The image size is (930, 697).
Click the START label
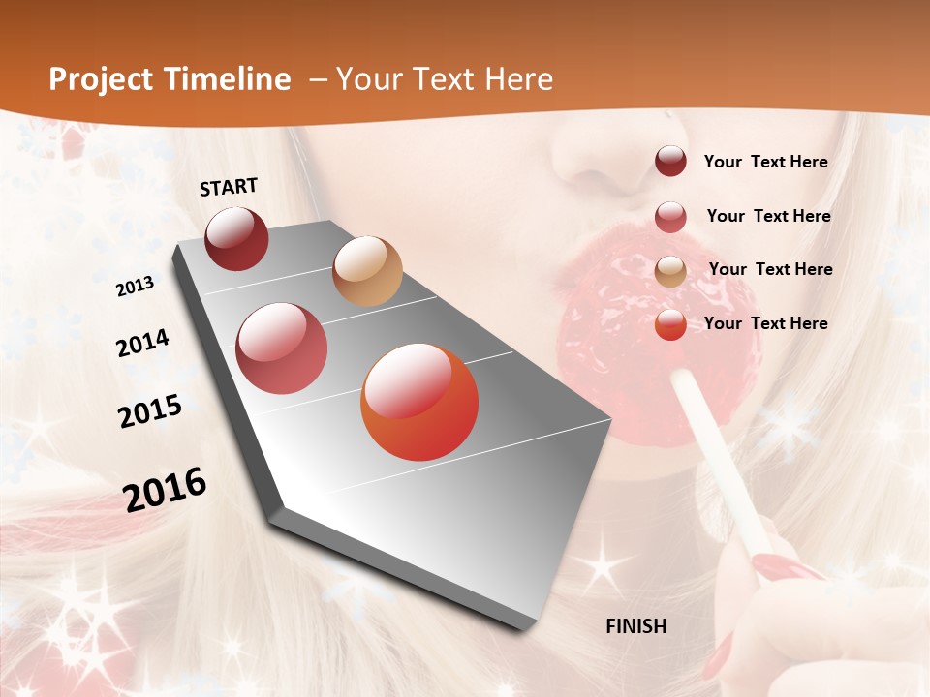click(x=229, y=187)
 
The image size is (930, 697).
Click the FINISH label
click(x=636, y=626)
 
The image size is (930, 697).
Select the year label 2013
click(x=135, y=286)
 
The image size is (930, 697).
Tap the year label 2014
click(x=142, y=343)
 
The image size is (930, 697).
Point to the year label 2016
click(x=165, y=490)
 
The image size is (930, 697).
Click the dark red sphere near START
click(x=236, y=238)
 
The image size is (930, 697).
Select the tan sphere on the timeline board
click(x=367, y=271)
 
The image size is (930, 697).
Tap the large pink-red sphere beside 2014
click(x=281, y=348)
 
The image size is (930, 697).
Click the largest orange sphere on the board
click(x=419, y=402)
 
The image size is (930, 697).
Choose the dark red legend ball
click(x=670, y=162)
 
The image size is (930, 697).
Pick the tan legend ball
click(x=670, y=271)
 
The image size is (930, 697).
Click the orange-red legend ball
click(x=670, y=324)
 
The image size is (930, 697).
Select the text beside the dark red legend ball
click(x=765, y=162)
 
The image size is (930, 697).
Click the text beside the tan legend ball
click(x=770, y=269)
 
